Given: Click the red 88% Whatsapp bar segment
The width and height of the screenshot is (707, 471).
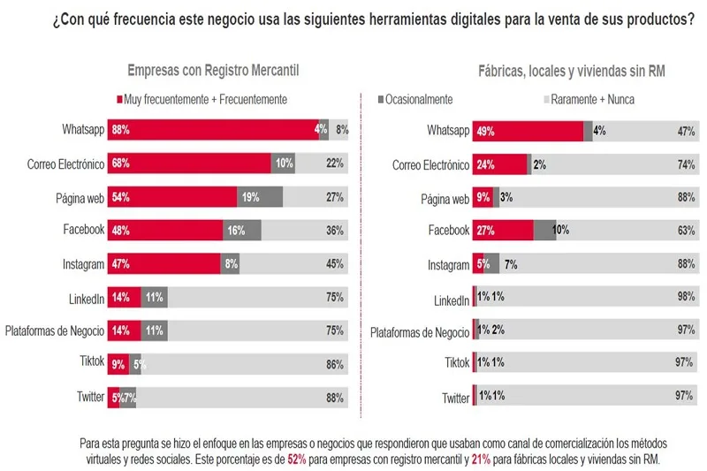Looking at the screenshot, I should tap(212, 130).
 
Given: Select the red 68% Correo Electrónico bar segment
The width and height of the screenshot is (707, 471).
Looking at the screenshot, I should tap(188, 163).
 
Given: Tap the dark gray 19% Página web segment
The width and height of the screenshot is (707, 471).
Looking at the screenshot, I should tap(260, 197).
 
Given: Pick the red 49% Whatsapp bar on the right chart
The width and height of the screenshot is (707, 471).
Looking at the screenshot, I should tap(528, 131).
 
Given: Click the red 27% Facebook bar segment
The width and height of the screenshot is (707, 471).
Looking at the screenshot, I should tap(503, 231).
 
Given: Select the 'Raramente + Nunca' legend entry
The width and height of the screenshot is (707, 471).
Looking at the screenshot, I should tap(591, 100).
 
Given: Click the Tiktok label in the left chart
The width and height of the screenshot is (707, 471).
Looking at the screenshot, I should tap(89, 362).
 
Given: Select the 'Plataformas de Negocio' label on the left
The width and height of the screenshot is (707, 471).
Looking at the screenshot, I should tap(56, 330).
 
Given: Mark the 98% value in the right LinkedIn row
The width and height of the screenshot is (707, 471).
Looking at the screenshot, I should tap(686, 298).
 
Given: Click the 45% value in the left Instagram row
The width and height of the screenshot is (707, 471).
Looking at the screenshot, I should tap(334, 263).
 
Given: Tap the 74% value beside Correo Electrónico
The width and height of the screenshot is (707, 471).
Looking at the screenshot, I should tap(686, 164).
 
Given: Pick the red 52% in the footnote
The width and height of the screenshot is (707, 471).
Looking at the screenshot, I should tap(299, 460).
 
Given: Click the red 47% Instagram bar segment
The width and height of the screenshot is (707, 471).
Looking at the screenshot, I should tap(163, 263).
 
